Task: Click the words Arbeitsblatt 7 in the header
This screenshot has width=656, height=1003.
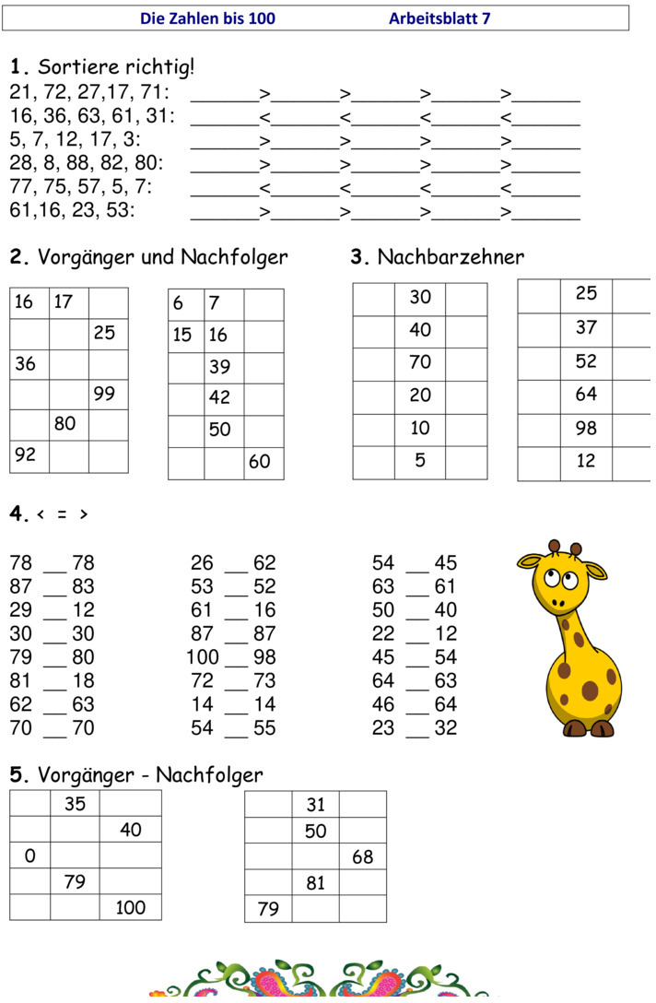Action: pyautogui.click(x=439, y=18)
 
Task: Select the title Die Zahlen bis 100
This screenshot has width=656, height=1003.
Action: pyautogui.click(x=207, y=18)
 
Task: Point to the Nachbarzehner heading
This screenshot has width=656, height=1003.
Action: pyautogui.click(x=451, y=256)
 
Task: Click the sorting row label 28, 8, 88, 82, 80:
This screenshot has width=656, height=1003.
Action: pyautogui.click(x=87, y=163)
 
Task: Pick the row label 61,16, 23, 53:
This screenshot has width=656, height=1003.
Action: pyautogui.click(x=72, y=210)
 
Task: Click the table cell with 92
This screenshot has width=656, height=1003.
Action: pyautogui.click(x=29, y=455)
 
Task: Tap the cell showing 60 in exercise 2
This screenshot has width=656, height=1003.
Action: pyautogui.click(x=264, y=462)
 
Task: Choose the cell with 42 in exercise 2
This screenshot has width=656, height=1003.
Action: pyautogui.click(x=223, y=398)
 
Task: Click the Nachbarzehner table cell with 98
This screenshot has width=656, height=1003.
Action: pyautogui.click(x=586, y=428)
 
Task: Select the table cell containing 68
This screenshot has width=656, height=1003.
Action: pyautogui.click(x=363, y=857)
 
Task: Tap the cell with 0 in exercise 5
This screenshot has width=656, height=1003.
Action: pyautogui.click(x=30, y=856)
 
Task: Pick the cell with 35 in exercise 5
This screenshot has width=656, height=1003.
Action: pyautogui.click(x=75, y=804)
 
